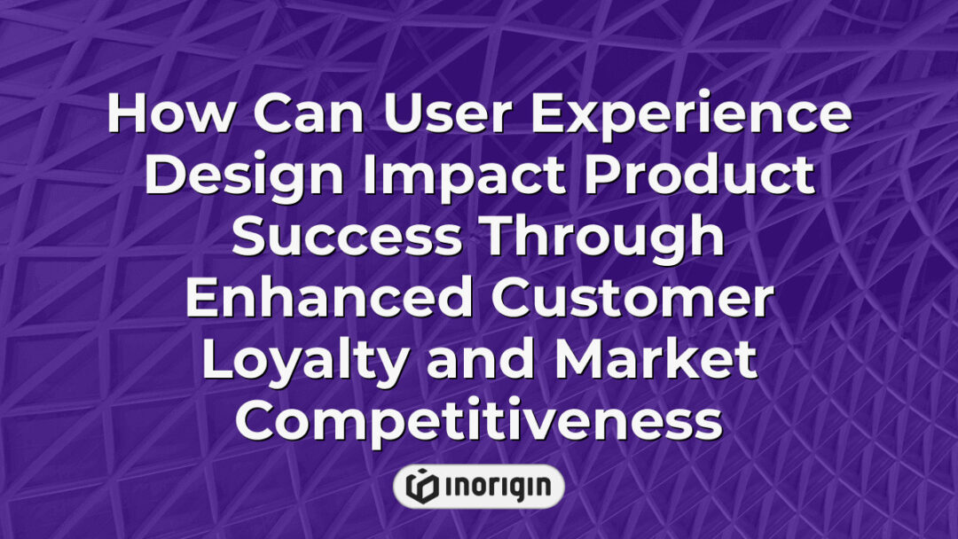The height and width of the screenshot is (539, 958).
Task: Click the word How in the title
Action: pos(156,115)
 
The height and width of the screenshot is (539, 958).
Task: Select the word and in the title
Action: pos(478,360)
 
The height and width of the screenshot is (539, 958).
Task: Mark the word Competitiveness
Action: pos(478,420)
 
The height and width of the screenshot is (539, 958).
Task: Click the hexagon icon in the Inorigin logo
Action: pos(421,486)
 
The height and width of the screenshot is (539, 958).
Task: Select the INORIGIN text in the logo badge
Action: pos(494,486)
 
